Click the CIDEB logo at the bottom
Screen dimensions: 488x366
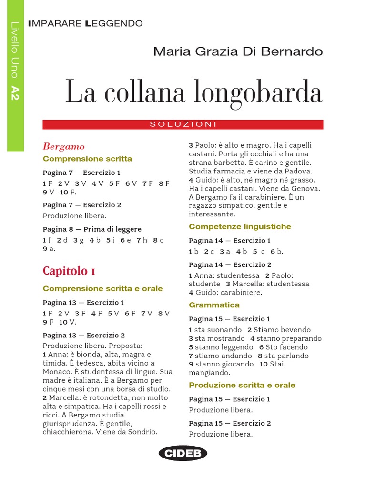[183, 453]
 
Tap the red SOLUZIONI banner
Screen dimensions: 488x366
[183, 124]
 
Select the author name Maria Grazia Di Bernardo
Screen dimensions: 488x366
[238, 51]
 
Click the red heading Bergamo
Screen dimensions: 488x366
[64, 146]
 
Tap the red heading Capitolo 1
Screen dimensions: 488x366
[69, 271]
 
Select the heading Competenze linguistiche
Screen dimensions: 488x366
[240, 226]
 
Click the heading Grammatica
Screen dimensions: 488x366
[214, 305]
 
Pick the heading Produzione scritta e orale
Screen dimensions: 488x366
[242, 385]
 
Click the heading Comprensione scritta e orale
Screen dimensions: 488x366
[102, 288]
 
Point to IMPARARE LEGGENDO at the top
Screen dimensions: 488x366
[85, 23]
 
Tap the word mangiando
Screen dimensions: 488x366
[208, 373]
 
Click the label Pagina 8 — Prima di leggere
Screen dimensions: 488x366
[92, 229]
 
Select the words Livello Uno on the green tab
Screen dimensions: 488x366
[15, 50]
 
